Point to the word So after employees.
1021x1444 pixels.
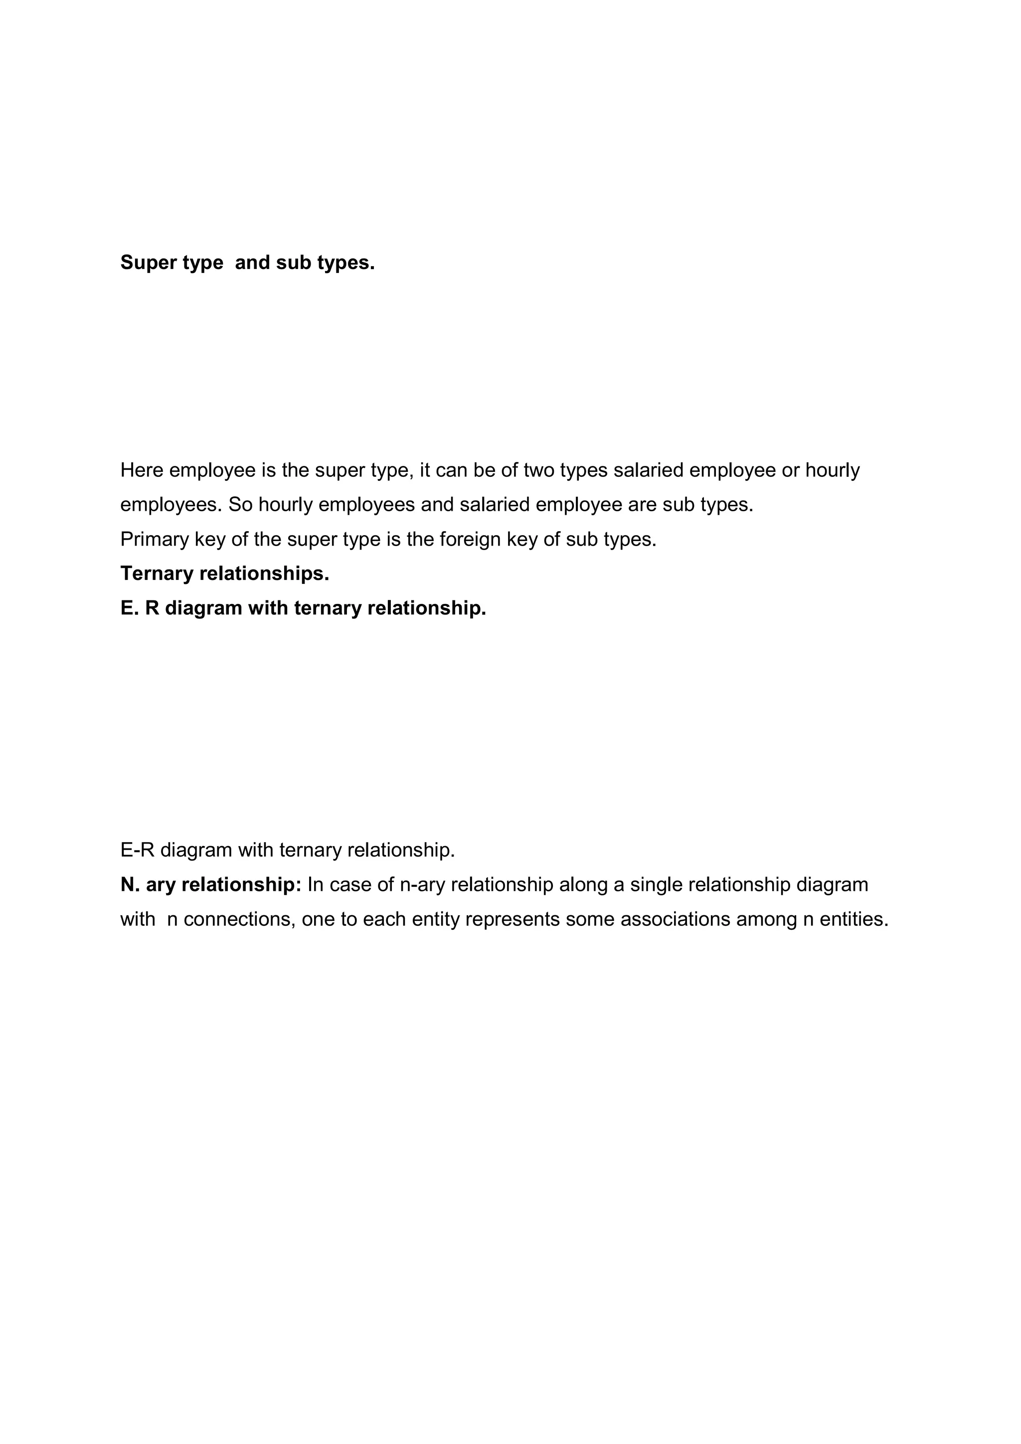tap(240, 505)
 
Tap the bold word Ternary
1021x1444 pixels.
tap(157, 574)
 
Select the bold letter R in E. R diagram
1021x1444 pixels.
tap(152, 608)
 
